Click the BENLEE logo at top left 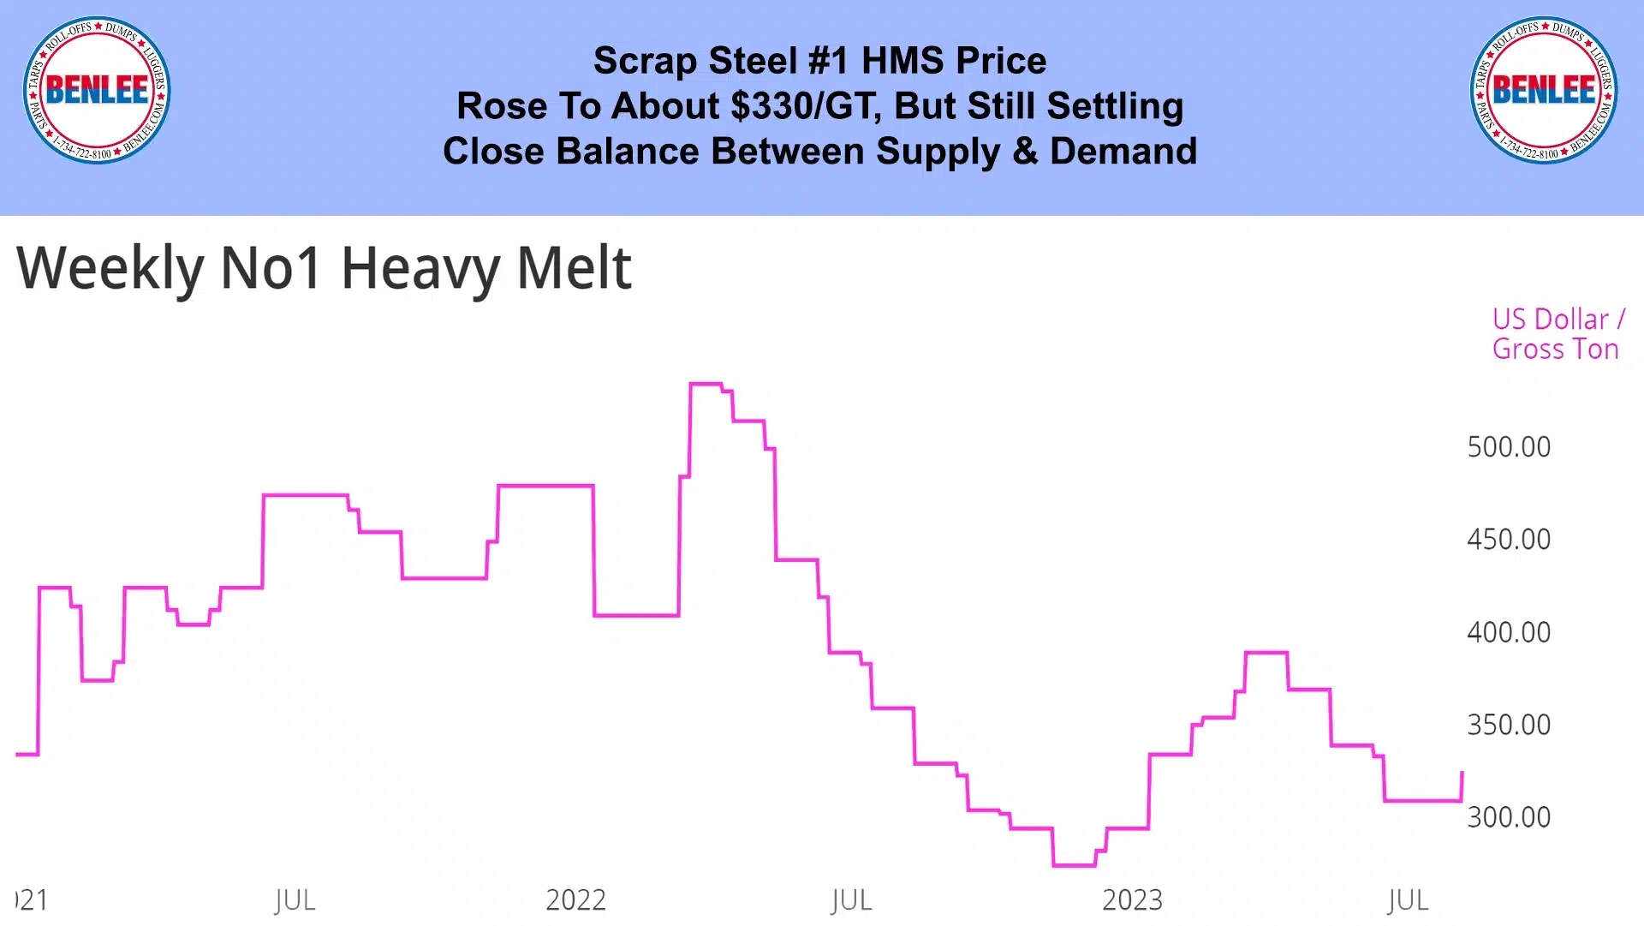97,90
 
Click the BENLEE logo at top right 1544,90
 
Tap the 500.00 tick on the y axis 1509,447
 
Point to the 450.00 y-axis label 1509,540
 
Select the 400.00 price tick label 1509,632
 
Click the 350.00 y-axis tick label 1509,725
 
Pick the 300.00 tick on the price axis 1509,817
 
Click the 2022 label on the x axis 575,900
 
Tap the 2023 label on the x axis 1132,900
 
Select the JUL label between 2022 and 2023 851,900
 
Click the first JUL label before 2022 295,900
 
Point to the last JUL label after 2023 1408,900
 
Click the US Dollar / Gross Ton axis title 1558,334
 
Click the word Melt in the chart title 574,268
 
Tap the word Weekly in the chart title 110,268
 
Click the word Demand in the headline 1123,152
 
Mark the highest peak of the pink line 706,384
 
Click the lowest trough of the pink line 1074,866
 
